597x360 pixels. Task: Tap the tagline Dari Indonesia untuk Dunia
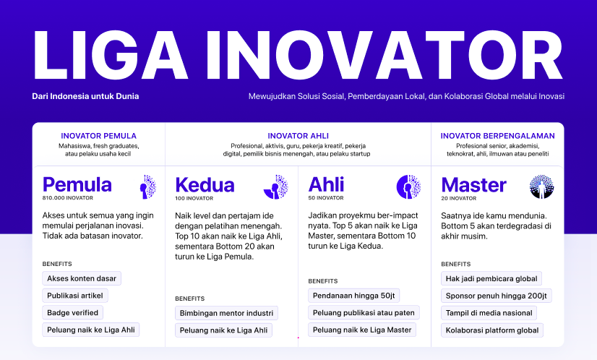85,96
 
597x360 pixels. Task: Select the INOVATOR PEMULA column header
98,136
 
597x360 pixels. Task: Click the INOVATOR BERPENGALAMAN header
497,136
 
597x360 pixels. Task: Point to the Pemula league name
77,184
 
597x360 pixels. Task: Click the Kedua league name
205,184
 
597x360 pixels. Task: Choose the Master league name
473,184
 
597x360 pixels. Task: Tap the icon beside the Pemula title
147,187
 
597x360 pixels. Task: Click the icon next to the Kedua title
275,187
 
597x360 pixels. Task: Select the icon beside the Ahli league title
408,187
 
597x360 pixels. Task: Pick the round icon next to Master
541,187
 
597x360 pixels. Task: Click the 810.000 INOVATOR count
68,197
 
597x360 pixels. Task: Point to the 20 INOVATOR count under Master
458,197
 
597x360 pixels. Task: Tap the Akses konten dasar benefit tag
82,278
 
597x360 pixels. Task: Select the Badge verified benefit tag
73,312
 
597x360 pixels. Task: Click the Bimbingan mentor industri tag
226,313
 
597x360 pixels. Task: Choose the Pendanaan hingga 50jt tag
355,295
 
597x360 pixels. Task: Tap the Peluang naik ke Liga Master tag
362,330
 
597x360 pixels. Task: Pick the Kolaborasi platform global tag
492,330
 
